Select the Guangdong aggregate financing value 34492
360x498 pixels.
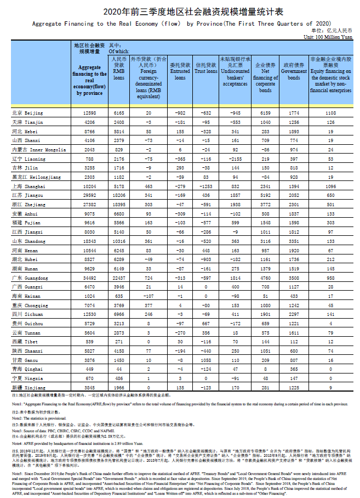pyautogui.click(x=89, y=279)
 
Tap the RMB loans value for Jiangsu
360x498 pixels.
pyautogui.click(x=119, y=195)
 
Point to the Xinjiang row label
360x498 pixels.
pyautogui.click(x=28, y=387)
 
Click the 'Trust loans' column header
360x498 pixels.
pyautogui.click(x=206, y=71)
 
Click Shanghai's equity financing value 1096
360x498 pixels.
pyautogui.click(x=330, y=186)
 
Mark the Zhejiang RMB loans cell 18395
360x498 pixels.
pyautogui.click(x=119, y=205)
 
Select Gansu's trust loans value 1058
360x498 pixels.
pyautogui.click(x=206, y=360)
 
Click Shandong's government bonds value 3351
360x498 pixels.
pyautogui.click(x=294, y=241)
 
